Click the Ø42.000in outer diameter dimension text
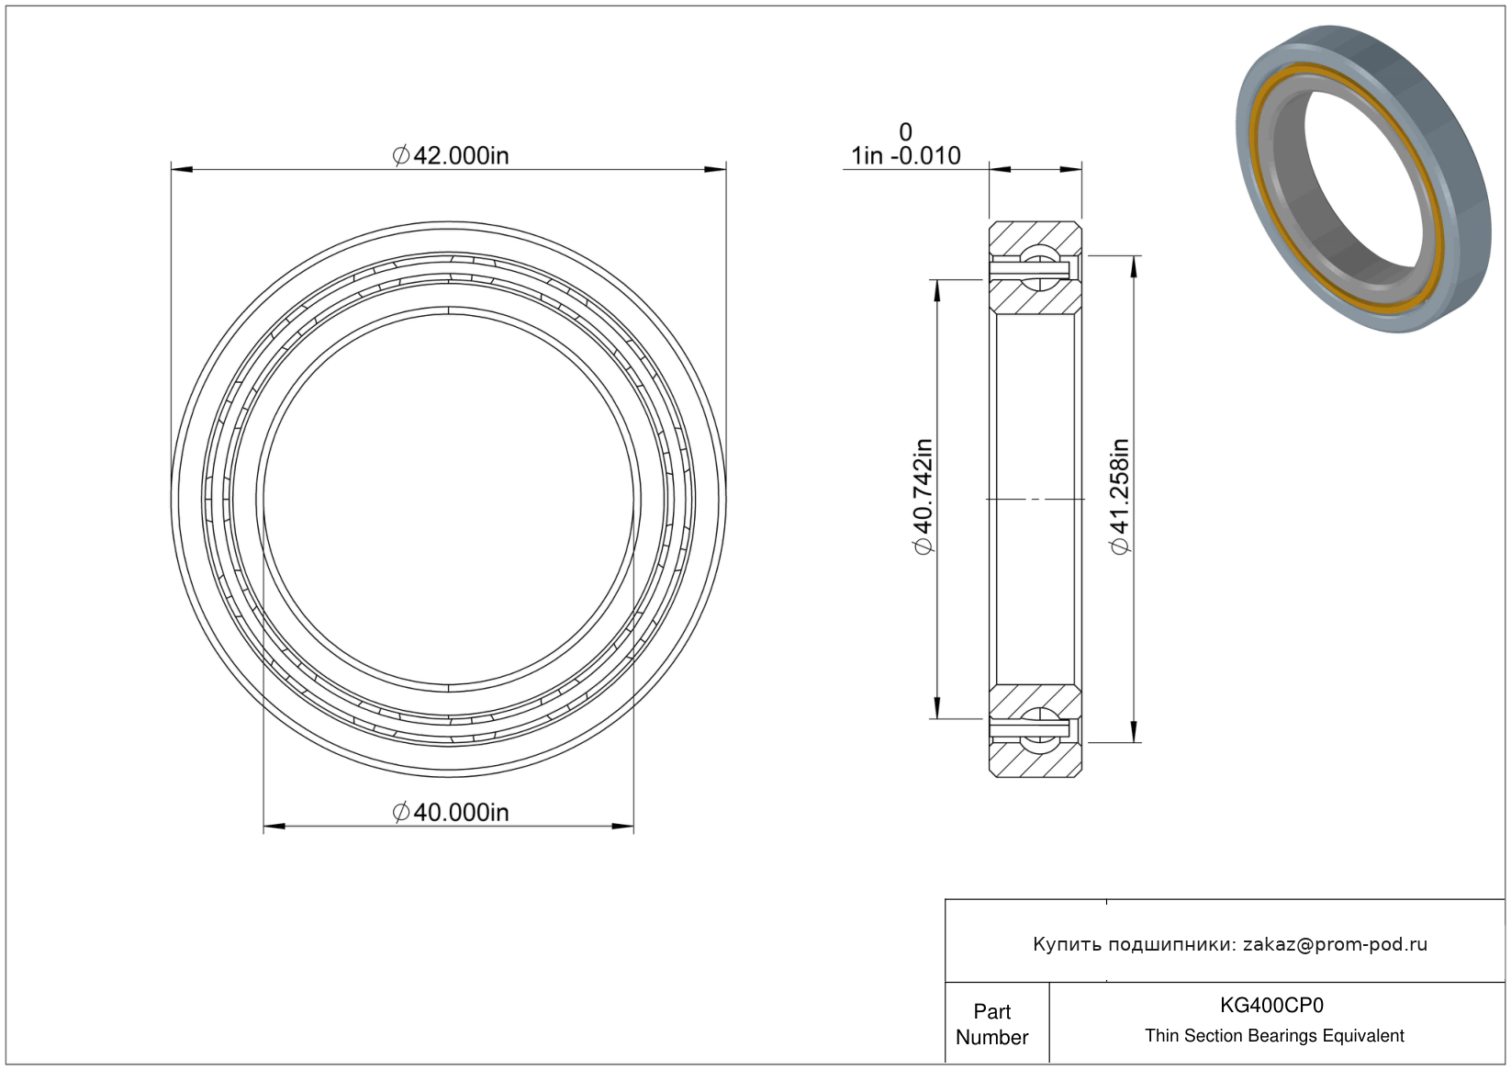(x=450, y=156)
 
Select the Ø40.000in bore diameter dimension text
(x=450, y=812)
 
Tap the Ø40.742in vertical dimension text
(x=923, y=497)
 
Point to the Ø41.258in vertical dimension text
(x=1120, y=497)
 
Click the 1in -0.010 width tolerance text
(x=905, y=156)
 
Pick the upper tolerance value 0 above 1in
(x=905, y=131)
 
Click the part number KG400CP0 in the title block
(x=1271, y=1005)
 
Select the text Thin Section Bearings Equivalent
(x=1274, y=1036)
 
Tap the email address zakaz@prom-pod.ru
(x=1335, y=944)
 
